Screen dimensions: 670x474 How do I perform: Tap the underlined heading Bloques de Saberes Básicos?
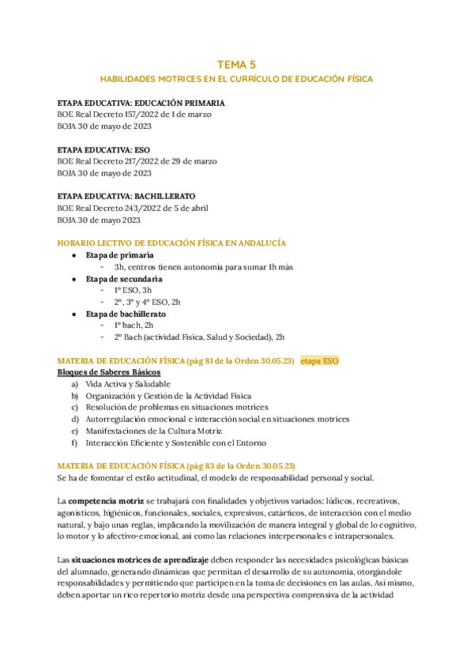click(x=109, y=372)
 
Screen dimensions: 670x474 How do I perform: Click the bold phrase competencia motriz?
click(x=106, y=501)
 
